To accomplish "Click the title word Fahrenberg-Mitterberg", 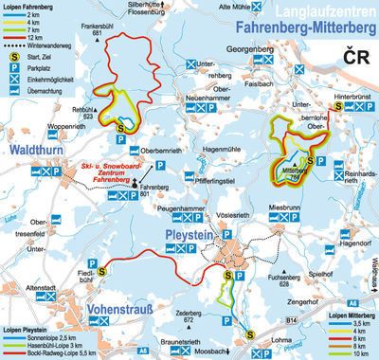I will [x=301, y=29].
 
